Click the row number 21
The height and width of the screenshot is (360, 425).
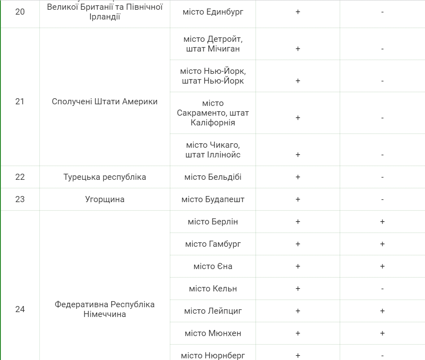pyautogui.click(x=20, y=101)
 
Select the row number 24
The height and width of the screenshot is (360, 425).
pyautogui.click(x=20, y=309)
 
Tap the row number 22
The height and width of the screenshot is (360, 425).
pyautogui.click(x=20, y=177)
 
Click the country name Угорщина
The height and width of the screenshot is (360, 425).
pyautogui.click(x=105, y=199)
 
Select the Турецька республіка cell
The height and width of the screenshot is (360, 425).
pyautogui.click(x=105, y=177)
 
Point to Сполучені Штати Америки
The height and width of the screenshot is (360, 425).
pyautogui.click(x=105, y=101)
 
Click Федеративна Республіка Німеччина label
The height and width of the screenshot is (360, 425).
pyautogui.click(x=105, y=309)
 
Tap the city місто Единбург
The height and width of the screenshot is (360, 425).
pyautogui.click(x=213, y=12)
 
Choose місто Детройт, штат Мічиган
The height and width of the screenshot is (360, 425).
pyautogui.click(x=213, y=44)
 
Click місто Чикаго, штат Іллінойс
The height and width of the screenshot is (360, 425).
pyautogui.click(x=213, y=150)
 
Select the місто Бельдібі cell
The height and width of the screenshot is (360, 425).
pyautogui.click(x=213, y=177)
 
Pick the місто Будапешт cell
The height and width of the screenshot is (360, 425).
pyautogui.click(x=213, y=199)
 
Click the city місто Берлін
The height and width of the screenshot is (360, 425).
pyautogui.click(x=213, y=222)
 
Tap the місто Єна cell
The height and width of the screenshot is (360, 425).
pyautogui.click(x=213, y=266)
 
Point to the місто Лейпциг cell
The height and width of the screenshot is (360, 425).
pyautogui.click(x=213, y=311)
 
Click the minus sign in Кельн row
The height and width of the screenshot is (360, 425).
pyautogui.click(x=382, y=289)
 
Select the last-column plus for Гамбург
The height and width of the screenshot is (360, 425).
pyautogui.click(x=382, y=244)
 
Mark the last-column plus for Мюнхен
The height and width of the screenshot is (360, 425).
pyautogui.click(x=382, y=333)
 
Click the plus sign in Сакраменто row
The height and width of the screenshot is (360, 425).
pyautogui.click(x=298, y=118)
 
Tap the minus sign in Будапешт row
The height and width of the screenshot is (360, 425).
pyautogui.click(x=382, y=200)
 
